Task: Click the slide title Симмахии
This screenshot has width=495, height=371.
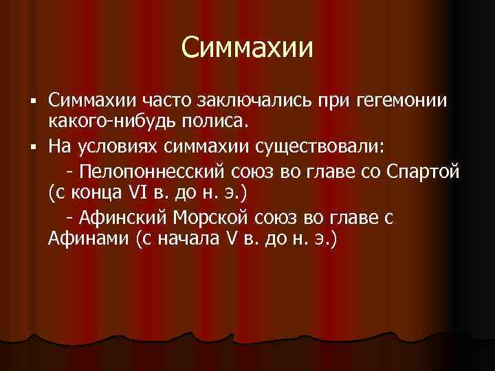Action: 247,48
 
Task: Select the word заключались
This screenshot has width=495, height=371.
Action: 252,101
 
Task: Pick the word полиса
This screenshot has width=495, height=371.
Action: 225,123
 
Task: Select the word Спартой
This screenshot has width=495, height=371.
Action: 424,170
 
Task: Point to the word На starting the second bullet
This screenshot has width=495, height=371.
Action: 58,146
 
